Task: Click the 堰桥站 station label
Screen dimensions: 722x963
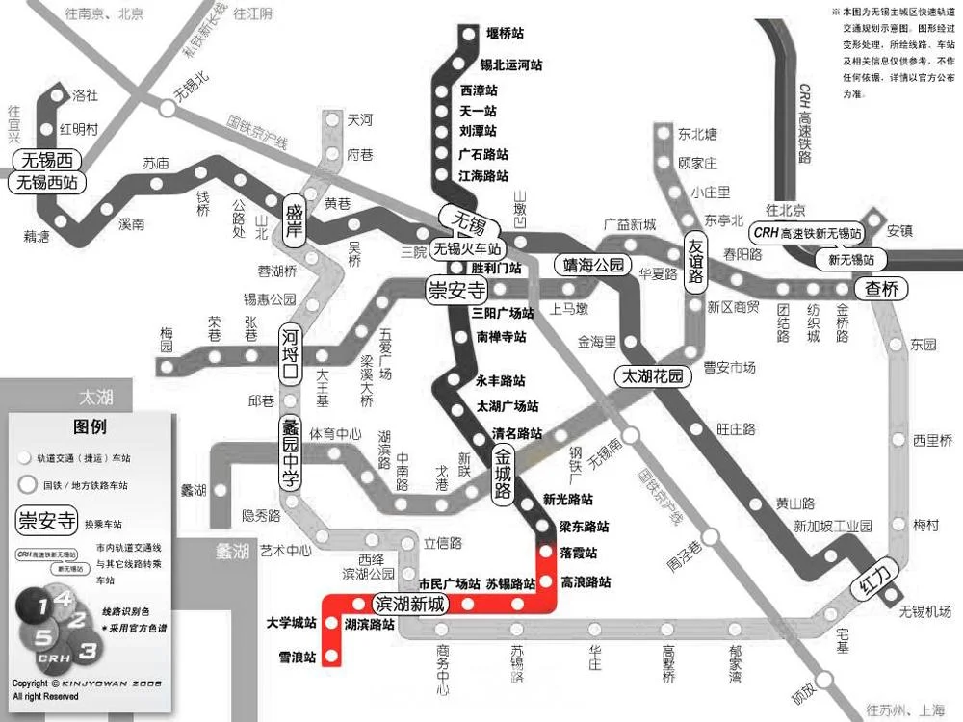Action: [x=505, y=34]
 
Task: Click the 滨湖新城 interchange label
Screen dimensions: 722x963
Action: [x=410, y=605]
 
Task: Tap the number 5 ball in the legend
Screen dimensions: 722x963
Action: [x=42, y=638]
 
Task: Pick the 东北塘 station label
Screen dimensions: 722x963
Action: [x=697, y=134]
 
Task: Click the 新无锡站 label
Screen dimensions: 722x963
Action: [x=851, y=260]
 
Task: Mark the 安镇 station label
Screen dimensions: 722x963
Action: [x=899, y=231]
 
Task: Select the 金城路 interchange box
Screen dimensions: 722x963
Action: [x=503, y=471]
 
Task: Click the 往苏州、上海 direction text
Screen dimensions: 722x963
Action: [x=905, y=710]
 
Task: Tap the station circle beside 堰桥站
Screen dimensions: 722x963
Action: [x=469, y=35]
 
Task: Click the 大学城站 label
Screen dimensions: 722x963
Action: [x=291, y=623]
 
